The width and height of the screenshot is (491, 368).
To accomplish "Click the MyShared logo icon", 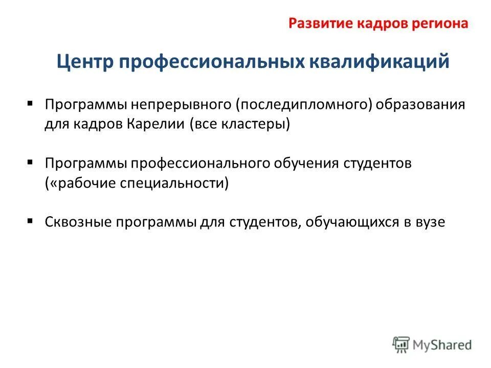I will (x=400, y=344).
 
